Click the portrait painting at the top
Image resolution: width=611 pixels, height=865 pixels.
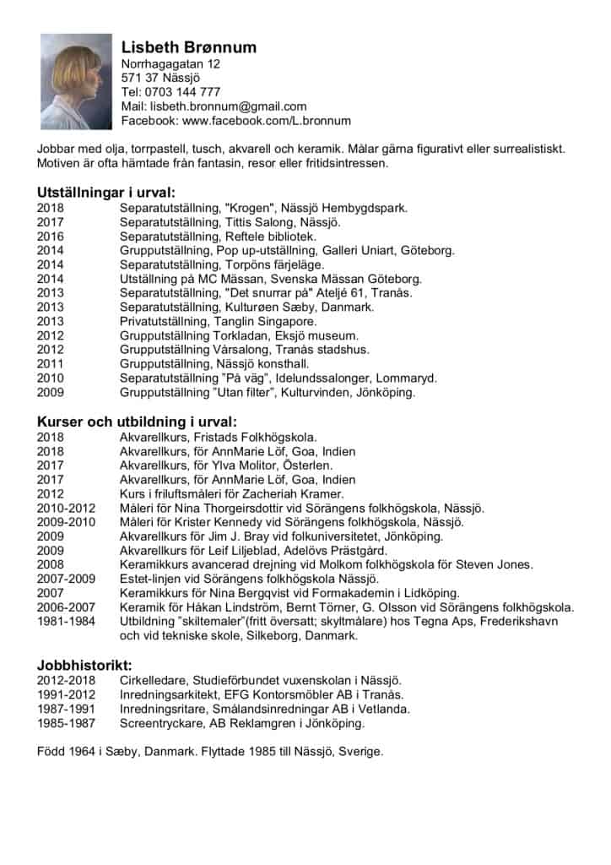pyautogui.click(x=76, y=82)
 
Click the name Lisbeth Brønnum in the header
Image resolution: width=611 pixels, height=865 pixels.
pyautogui.click(x=189, y=46)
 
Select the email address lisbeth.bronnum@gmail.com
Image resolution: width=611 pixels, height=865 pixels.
pyautogui.click(x=228, y=106)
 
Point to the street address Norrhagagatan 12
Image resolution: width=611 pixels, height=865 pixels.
pyautogui.click(x=171, y=64)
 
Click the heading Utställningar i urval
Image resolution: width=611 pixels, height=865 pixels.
pyautogui.click(x=106, y=192)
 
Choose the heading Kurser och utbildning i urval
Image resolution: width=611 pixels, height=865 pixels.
pyautogui.click(x=137, y=422)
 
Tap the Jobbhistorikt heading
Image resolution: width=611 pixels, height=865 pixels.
pyautogui.click(x=84, y=665)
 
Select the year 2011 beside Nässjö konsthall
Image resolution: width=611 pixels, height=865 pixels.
pyautogui.click(x=51, y=364)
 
